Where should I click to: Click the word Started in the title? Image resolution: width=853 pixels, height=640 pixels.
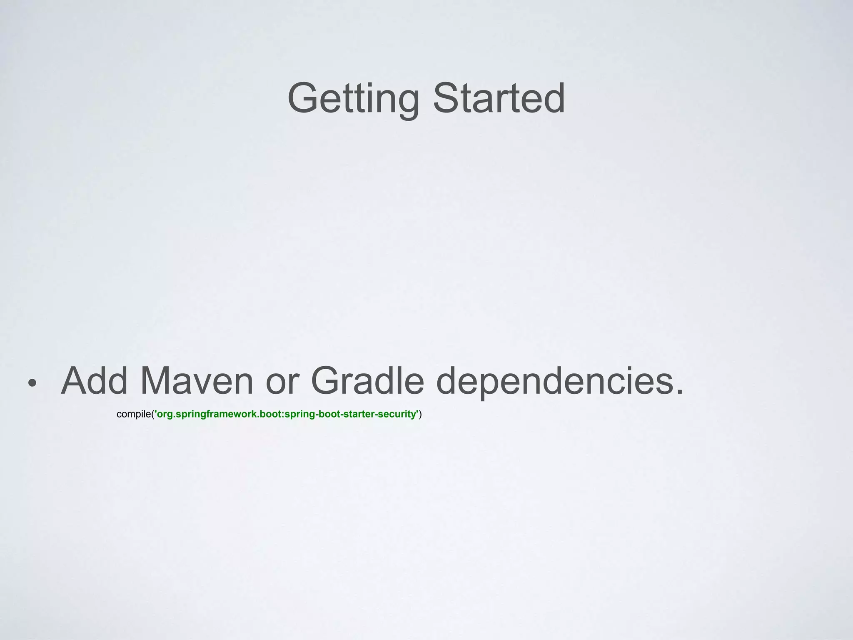tap(499, 98)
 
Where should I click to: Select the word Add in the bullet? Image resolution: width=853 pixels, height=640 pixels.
tap(94, 381)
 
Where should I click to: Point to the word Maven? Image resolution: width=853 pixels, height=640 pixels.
tap(196, 381)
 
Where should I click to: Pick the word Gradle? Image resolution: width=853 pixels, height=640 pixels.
tap(367, 381)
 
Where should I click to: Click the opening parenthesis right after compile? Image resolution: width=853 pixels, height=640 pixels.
tap(152, 415)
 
